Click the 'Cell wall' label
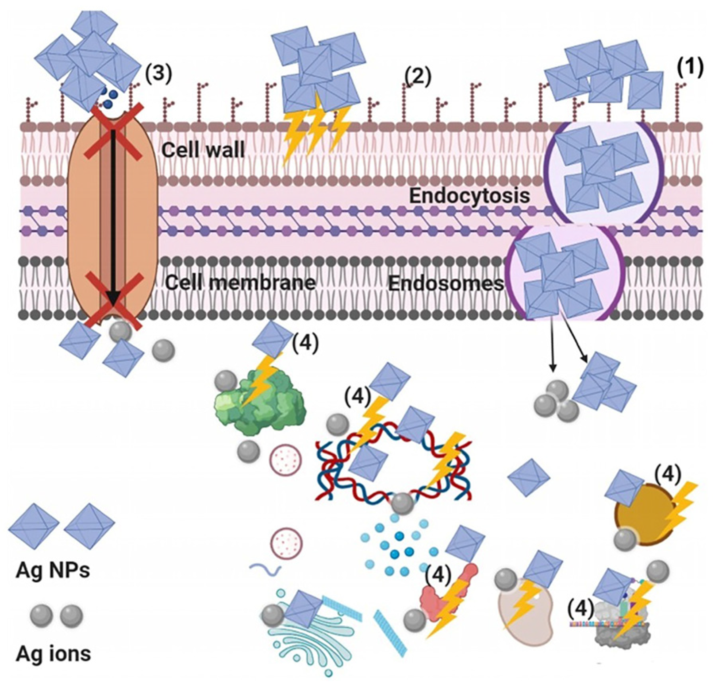(x=203, y=150)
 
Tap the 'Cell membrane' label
(x=240, y=283)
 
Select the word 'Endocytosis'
(x=469, y=196)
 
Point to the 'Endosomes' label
(x=445, y=283)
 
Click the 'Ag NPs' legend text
(x=53, y=571)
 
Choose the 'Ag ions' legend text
(x=53, y=654)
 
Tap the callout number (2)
(x=418, y=77)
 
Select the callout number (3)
(x=158, y=73)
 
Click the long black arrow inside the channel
(x=113, y=214)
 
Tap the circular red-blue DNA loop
(x=393, y=464)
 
